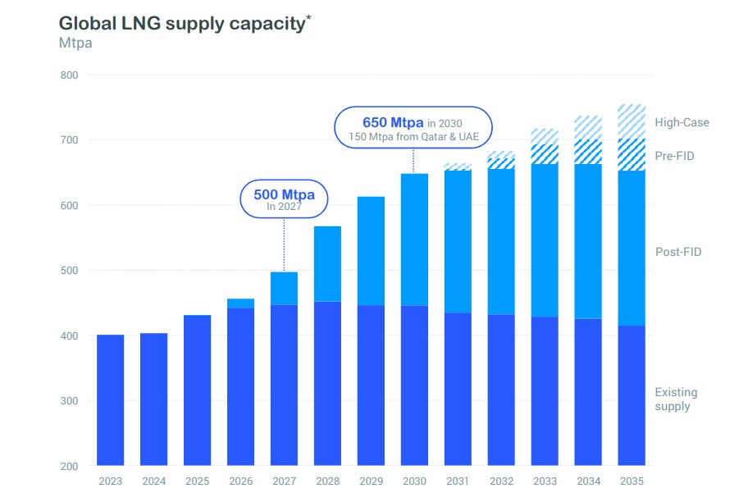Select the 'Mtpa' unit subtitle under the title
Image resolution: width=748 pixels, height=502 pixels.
75,43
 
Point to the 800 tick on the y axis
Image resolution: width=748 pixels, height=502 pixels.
68,75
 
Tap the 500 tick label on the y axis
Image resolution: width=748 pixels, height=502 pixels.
68,271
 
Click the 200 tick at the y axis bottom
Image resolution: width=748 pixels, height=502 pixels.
68,466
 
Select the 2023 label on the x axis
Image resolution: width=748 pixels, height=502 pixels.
110,482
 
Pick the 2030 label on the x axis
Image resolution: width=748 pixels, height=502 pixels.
414,482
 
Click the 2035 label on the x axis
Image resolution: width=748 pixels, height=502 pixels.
632,482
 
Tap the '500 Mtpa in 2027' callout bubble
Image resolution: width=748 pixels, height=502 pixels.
284,199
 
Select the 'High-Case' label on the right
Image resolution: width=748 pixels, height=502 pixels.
682,123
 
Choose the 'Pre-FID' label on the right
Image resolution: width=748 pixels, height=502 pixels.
674,156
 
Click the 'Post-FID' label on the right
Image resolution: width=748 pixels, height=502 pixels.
678,253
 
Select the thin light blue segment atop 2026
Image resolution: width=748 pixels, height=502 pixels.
240,303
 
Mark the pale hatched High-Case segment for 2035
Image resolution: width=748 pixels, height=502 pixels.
632,121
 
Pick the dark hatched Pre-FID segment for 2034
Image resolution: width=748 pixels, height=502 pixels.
588,153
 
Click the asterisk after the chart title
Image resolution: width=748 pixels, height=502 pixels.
308,16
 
